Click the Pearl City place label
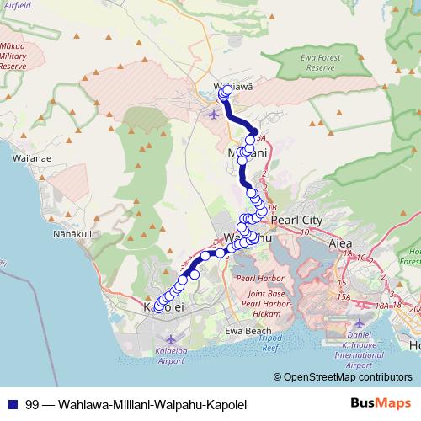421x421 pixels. pos(299,220)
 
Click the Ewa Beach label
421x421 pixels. pos(248,331)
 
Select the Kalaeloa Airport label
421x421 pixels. pos(170,355)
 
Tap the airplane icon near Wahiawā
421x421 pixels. pos(211,113)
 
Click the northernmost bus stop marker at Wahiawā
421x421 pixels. pos(226,89)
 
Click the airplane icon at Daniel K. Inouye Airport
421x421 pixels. pos(360,324)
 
